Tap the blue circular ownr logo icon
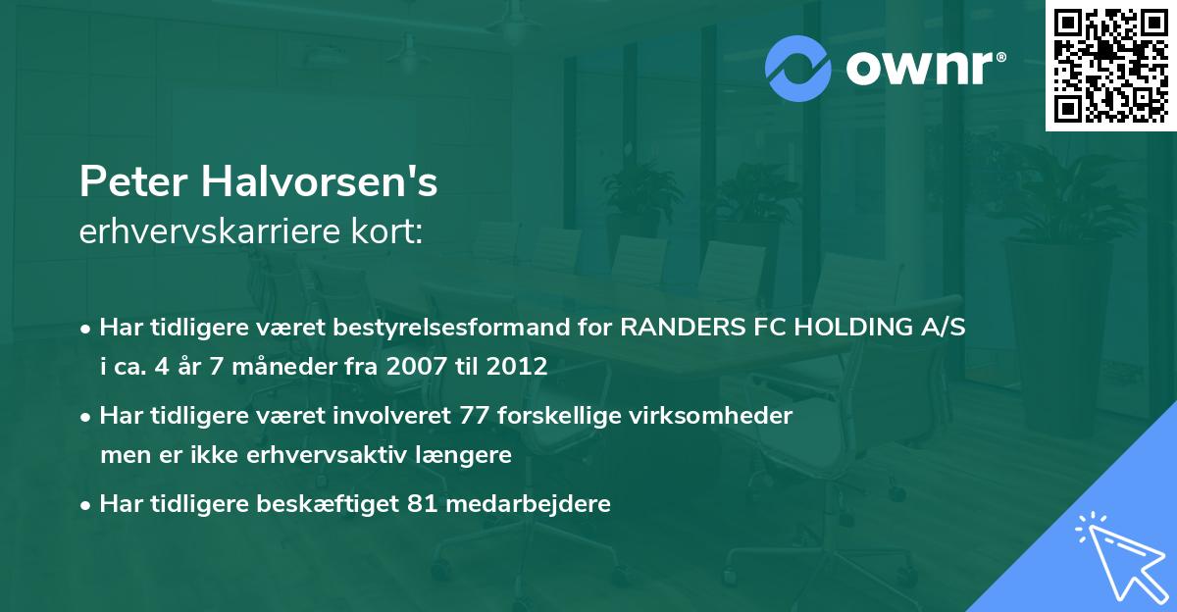[x=798, y=68]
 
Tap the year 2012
[x=512, y=367]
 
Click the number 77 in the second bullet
[x=476, y=416]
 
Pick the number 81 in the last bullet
[x=457, y=504]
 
